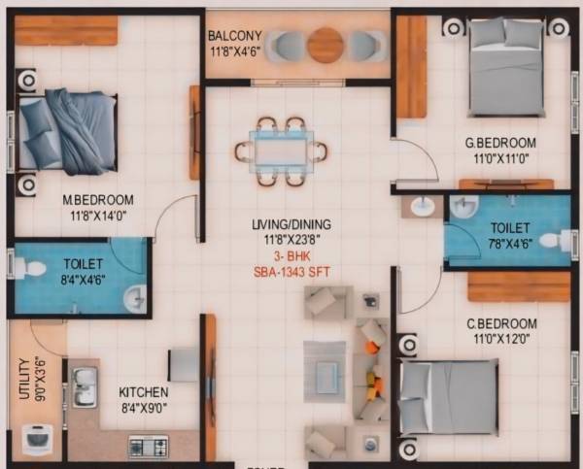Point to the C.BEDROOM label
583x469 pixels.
(501, 323)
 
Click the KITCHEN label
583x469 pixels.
(144, 392)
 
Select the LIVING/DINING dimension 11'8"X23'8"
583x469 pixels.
(285, 240)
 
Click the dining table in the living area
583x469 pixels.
(280, 151)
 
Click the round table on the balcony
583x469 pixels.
(325, 45)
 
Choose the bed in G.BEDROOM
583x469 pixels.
(505, 66)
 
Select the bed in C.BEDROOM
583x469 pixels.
(450, 396)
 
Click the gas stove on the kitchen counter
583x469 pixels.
(148, 447)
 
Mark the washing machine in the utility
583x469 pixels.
(37, 438)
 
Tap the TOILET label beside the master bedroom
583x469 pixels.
(83, 263)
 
